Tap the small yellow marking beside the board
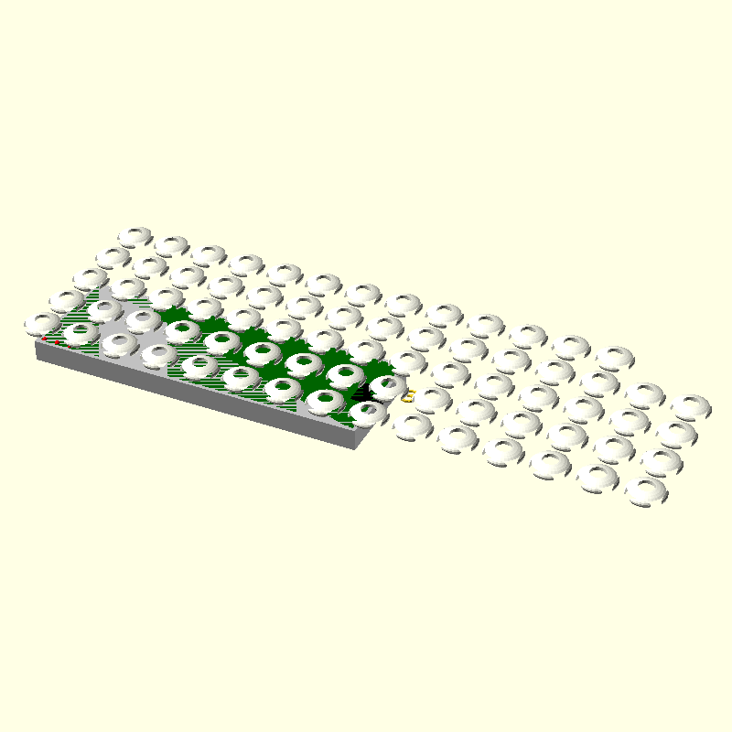pos(408,396)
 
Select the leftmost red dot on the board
pos(44,339)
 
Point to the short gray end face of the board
pos(365,438)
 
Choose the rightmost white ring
pos(691,405)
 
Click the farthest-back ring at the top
pos(135,236)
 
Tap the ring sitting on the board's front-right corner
pos(368,413)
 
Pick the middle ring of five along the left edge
pos(90,279)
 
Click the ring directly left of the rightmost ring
pos(646,395)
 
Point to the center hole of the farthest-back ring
pos(135,234)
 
